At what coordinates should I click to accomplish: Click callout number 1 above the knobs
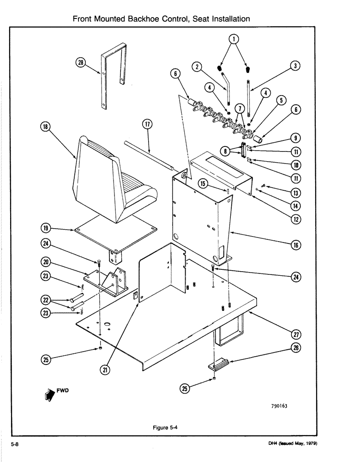235,39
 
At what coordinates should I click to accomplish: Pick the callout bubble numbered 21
106,370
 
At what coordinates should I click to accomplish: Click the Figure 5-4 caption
165,427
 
